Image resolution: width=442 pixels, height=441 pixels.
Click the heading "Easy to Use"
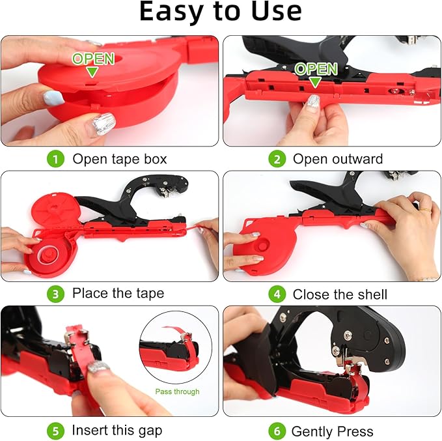pos(221,12)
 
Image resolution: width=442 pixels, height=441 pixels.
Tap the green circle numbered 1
pos(56,158)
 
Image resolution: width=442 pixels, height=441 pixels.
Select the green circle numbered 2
pos(277,158)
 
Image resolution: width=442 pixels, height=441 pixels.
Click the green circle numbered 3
pos(56,294)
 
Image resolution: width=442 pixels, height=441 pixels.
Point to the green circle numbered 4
pos(277,294)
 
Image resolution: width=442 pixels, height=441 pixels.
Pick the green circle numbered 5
pos(56,430)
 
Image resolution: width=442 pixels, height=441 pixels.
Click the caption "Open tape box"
pos(119,159)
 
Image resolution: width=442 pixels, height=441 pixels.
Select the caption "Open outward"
pos(337,159)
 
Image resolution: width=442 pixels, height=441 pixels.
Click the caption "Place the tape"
pos(118,294)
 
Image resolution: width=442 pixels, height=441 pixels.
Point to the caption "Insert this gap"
pos(117,431)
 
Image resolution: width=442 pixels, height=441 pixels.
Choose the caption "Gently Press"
pos(332,431)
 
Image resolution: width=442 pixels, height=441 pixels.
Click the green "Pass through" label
pos(177,391)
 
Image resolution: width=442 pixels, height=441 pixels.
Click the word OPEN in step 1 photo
pos(93,59)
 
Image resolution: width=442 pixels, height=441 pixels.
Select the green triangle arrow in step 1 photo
pos(93,72)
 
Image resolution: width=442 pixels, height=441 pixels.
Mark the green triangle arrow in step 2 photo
pos(316,82)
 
